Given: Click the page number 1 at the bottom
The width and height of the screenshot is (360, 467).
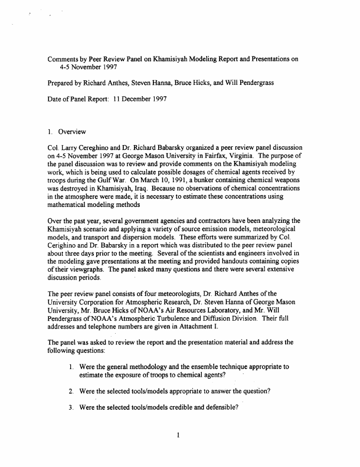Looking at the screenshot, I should pyautogui.click(x=178, y=436).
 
